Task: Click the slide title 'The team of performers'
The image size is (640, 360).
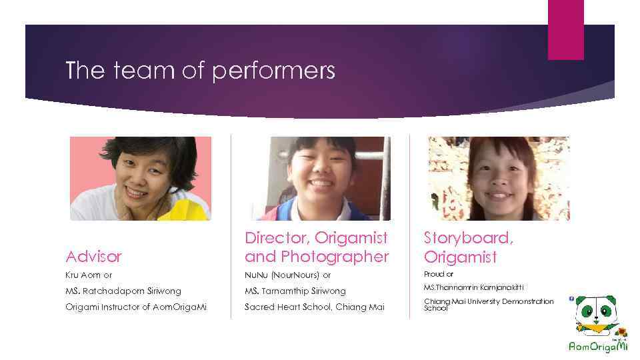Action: (200, 71)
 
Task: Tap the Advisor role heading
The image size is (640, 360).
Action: (94, 256)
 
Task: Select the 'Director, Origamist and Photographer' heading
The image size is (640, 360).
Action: (317, 247)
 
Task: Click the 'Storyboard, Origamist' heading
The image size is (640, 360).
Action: (469, 247)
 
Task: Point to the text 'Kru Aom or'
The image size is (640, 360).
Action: (89, 275)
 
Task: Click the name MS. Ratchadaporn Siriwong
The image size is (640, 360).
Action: (123, 291)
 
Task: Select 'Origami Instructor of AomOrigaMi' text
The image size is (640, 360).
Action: (136, 306)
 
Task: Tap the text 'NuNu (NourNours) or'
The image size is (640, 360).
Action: (287, 275)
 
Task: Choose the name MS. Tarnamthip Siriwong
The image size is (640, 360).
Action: (295, 291)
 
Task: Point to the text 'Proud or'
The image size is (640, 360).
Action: (439, 274)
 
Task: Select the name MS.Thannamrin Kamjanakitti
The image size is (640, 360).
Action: (473, 287)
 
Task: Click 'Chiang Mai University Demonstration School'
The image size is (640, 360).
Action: (488, 305)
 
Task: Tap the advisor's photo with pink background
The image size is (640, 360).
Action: (141, 178)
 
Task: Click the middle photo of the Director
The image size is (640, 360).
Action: (320, 178)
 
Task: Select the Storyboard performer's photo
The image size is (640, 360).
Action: (498, 178)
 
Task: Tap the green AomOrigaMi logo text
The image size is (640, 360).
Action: (598, 347)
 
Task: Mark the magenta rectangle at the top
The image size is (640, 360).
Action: (565, 29)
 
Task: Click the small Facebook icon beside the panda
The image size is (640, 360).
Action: (571, 299)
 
